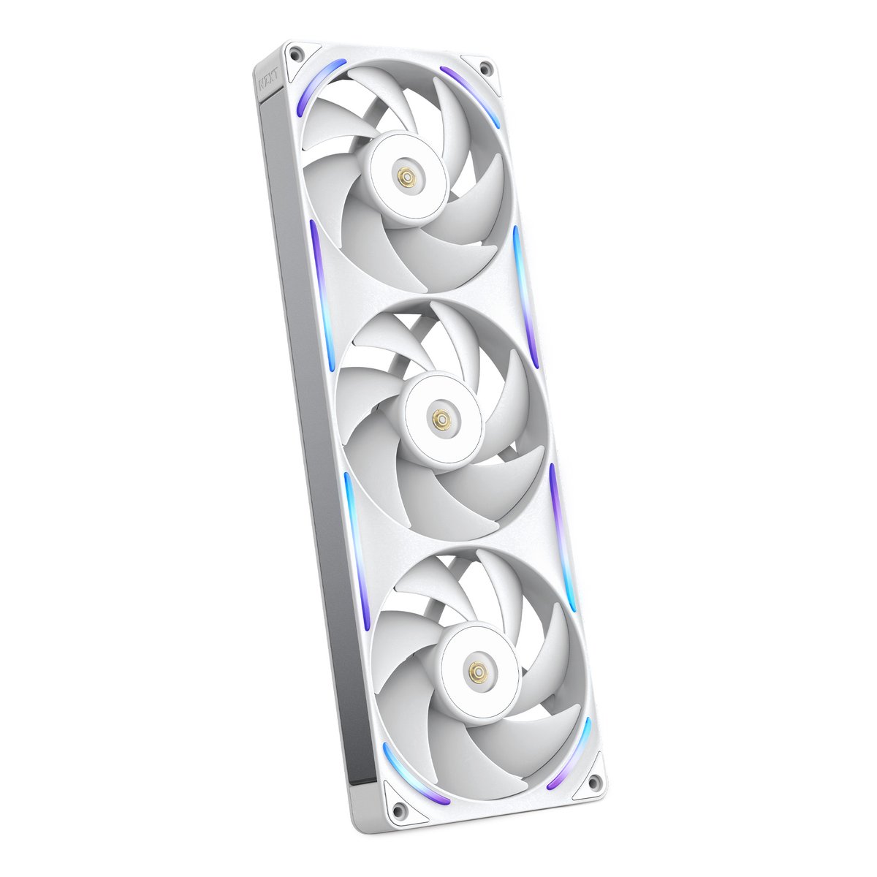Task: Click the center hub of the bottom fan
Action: pyautogui.click(x=479, y=669)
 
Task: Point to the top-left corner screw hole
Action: pyautogui.click(x=295, y=53)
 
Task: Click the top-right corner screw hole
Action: pyautogui.click(x=484, y=69)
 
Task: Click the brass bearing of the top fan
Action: pyautogui.click(x=403, y=175)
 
